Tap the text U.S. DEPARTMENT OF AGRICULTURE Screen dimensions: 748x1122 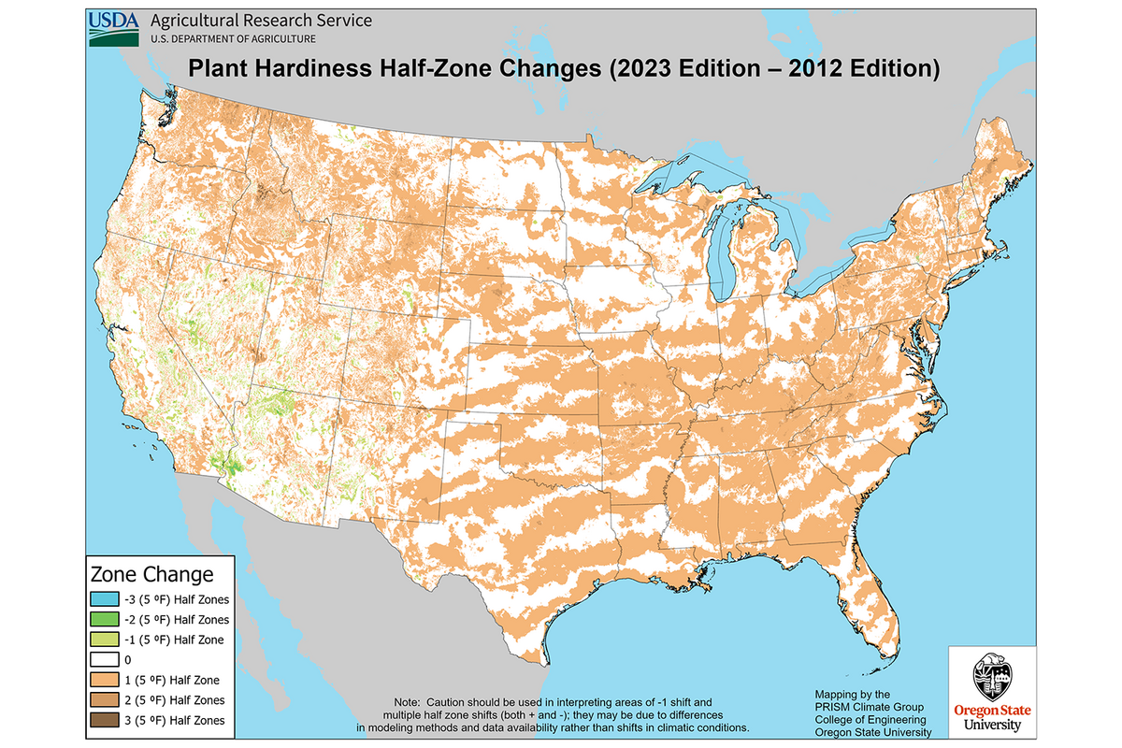[232, 38]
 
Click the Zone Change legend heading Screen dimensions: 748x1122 [151, 573]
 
